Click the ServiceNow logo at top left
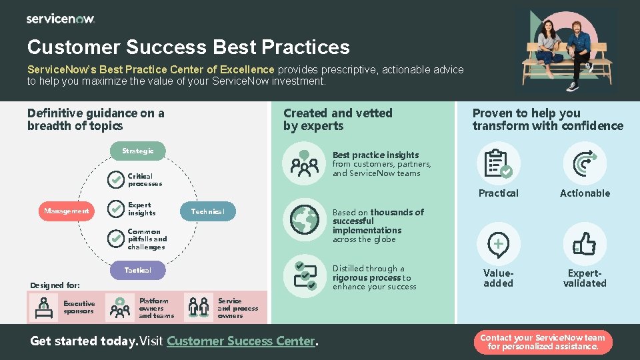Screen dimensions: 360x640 coord(61,19)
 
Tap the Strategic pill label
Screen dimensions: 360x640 coord(137,151)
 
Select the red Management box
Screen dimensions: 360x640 coord(67,211)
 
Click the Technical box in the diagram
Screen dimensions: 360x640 coord(208,211)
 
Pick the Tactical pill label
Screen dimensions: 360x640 coord(137,270)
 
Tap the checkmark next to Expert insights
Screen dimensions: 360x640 coord(116,209)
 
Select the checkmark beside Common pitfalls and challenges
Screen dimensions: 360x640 coord(116,239)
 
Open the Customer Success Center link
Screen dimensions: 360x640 coord(241,341)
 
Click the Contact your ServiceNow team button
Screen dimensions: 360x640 coord(543,342)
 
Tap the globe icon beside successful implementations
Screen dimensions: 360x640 coord(305,218)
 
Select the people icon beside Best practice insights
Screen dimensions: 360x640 coord(305,164)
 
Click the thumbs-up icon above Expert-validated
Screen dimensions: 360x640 coord(585,244)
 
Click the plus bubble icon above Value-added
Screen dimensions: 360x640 coord(498,245)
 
